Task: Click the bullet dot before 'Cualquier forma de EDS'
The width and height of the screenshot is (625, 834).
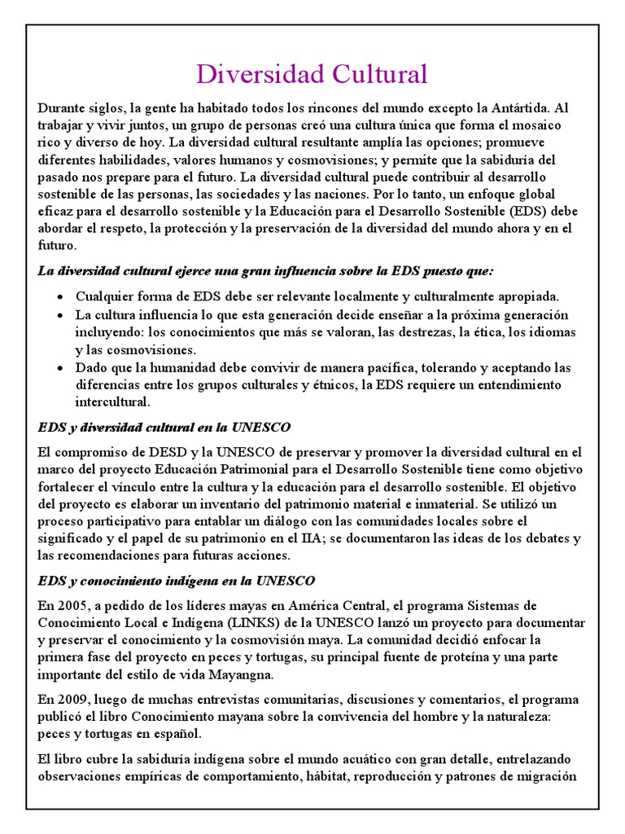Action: (63, 297)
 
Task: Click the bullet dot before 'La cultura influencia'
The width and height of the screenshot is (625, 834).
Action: (63, 315)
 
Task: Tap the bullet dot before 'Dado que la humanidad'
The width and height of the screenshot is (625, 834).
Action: (63, 367)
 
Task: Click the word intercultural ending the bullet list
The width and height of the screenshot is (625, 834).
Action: (113, 402)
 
